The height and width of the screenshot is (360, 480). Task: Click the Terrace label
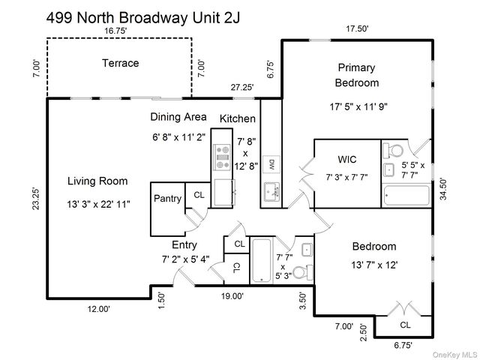(x=120, y=63)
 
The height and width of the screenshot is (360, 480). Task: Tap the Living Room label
(x=97, y=181)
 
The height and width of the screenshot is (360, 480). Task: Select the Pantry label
(x=167, y=198)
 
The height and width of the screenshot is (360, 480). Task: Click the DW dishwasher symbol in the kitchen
(x=271, y=165)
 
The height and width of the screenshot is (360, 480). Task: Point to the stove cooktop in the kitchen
(x=223, y=157)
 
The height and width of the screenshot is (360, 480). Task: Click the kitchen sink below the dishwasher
(x=271, y=192)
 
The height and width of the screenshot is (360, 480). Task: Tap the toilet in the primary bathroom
(x=394, y=150)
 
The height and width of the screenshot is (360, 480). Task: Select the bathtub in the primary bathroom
(x=406, y=195)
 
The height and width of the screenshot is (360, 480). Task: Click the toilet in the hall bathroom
(x=302, y=271)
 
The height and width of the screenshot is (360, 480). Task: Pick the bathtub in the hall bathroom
(x=261, y=261)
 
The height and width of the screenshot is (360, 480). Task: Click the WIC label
(x=347, y=160)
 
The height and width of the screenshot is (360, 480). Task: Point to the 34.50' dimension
(x=443, y=189)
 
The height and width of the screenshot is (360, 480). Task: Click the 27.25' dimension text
(x=242, y=87)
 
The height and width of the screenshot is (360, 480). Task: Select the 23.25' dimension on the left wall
(x=36, y=199)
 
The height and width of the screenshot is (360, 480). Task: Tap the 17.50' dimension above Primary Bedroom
(x=357, y=28)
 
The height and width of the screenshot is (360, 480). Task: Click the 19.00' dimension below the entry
(x=232, y=296)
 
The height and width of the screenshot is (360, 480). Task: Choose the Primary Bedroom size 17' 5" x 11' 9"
(x=358, y=106)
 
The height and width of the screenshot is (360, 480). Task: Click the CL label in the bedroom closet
(x=405, y=325)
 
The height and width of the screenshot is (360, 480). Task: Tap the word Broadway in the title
(x=153, y=18)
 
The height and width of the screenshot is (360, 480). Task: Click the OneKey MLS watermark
(x=455, y=355)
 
